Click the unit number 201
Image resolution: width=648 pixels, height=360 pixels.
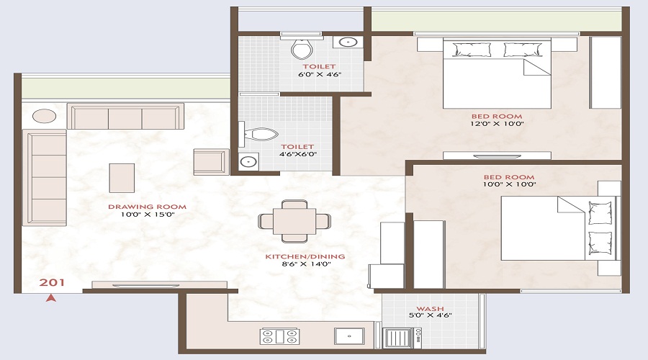pos(52,283)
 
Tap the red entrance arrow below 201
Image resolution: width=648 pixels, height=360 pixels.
pos(51,297)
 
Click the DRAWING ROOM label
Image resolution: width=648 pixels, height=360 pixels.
pos(147,207)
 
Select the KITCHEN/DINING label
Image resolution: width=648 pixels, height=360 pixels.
pos(305,256)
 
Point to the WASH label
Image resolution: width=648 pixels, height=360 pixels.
pos(431,309)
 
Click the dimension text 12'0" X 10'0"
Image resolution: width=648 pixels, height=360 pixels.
pos(497,124)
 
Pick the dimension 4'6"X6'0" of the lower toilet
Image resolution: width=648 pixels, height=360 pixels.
pos(297,154)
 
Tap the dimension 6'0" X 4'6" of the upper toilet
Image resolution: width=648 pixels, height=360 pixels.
pos(320,75)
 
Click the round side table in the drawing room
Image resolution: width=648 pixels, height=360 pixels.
pos(44,116)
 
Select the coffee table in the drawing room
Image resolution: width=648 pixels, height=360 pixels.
pos(122,178)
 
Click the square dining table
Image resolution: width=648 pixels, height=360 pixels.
pos(294,221)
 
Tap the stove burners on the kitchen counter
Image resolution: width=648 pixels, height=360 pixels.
pos(280,336)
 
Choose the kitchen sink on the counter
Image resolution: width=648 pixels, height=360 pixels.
pos(350,336)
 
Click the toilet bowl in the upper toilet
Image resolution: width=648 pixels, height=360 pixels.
pos(302,49)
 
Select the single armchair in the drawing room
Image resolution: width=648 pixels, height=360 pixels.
pos(211,161)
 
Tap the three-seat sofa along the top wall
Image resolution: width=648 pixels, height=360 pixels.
pos(125,117)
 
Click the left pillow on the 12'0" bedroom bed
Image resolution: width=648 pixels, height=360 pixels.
pos(472,50)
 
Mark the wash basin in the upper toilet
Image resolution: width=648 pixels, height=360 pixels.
pos(348,42)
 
